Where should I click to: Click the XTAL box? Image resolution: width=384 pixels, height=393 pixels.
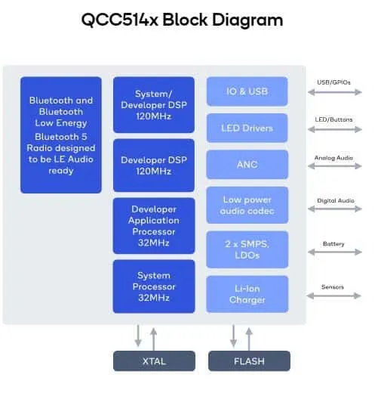tap(154, 361)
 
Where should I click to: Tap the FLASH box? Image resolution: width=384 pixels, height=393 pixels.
tap(249, 361)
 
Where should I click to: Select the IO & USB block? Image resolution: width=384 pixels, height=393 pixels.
tap(247, 91)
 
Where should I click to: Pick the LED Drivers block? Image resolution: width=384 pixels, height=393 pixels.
tap(247, 128)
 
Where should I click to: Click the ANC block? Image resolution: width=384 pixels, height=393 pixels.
tap(247, 165)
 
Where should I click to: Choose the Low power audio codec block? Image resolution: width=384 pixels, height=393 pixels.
tap(247, 205)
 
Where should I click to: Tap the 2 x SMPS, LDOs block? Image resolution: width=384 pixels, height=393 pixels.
tap(247, 249)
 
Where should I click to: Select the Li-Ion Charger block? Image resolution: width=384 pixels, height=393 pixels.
tap(247, 294)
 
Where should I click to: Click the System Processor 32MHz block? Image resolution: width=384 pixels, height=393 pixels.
tap(154, 286)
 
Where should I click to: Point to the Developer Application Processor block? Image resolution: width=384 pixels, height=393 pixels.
tap(154, 226)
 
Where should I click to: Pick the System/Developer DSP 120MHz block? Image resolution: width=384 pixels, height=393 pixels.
tap(154, 105)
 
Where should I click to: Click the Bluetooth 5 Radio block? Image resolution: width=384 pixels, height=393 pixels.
tap(61, 135)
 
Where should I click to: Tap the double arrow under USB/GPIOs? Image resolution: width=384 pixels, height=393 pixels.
tap(335, 92)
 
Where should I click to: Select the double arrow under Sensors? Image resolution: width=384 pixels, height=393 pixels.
tap(333, 296)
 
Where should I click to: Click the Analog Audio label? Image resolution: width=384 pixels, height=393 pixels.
tap(333, 158)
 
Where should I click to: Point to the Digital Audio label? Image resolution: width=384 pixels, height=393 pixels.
tap(336, 200)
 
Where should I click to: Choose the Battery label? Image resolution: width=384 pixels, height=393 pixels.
tap(333, 244)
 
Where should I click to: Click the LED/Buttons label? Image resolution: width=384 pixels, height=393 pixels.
tap(333, 119)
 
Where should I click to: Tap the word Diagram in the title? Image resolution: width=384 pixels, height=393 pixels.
tap(247, 20)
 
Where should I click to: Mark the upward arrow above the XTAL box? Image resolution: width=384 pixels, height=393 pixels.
tap(153, 339)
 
